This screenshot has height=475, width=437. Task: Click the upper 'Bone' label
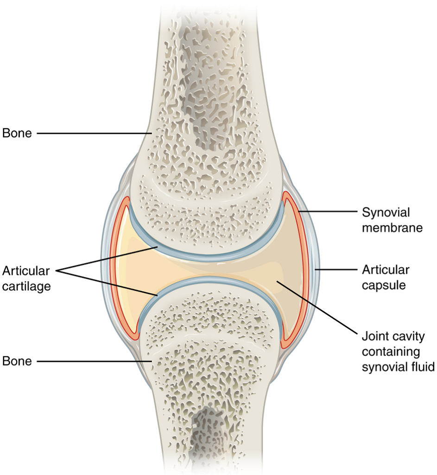pyautogui.click(x=17, y=133)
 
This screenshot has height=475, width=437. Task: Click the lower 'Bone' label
pyautogui.click(x=17, y=361)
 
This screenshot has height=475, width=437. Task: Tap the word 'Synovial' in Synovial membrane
pyautogui.click(x=386, y=212)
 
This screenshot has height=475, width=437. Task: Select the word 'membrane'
pyautogui.click(x=392, y=228)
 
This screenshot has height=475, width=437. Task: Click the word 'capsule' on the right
pyautogui.click(x=384, y=285)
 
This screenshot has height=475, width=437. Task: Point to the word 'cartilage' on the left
pyautogui.click(x=26, y=286)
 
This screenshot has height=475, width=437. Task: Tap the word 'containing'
pyautogui.click(x=391, y=352)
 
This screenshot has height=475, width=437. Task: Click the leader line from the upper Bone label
pyautogui.click(x=94, y=133)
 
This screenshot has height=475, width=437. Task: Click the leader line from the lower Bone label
pyautogui.click(x=94, y=361)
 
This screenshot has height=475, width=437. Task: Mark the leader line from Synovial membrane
pyautogui.click(x=328, y=212)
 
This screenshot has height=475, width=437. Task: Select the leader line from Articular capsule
pyautogui.click(x=336, y=269)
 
